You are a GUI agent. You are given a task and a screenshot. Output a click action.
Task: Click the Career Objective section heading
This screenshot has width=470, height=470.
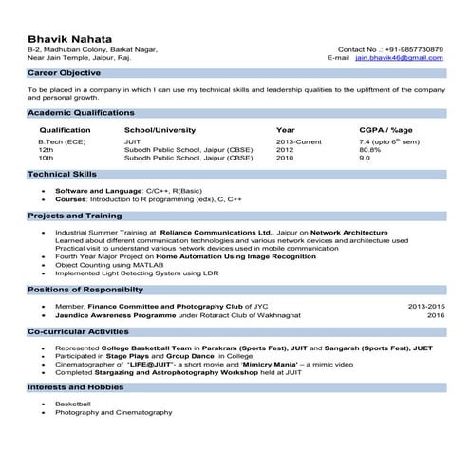click(65, 72)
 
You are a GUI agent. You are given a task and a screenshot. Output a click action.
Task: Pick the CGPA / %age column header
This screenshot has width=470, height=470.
click(385, 129)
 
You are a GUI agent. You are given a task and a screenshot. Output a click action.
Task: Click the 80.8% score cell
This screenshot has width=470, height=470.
click(370, 150)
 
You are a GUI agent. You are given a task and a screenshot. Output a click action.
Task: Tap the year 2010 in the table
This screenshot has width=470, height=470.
click(285, 158)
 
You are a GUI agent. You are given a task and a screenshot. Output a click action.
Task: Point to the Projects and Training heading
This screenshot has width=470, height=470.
click(77, 216)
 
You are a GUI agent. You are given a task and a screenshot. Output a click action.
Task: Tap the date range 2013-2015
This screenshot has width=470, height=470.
click(425, 307)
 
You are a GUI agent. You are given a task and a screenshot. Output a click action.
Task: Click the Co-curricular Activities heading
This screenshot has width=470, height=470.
click(78, 332)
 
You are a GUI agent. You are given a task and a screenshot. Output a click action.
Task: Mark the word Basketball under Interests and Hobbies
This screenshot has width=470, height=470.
click(71, 404)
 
